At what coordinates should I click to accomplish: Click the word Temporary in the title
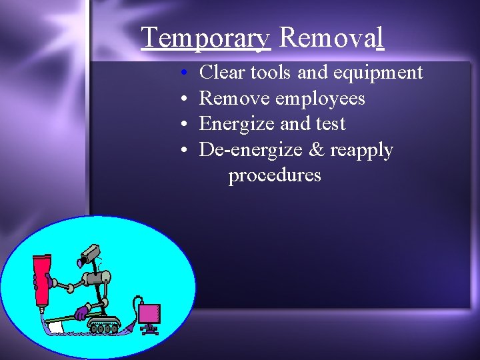205,38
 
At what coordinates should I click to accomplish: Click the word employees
320,99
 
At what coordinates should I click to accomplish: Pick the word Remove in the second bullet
235,98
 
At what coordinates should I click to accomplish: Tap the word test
330,124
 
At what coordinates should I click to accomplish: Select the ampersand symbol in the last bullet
316,150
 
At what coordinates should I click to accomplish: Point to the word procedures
275,176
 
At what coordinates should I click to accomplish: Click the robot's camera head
90,255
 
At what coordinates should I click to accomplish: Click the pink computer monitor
149,314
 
